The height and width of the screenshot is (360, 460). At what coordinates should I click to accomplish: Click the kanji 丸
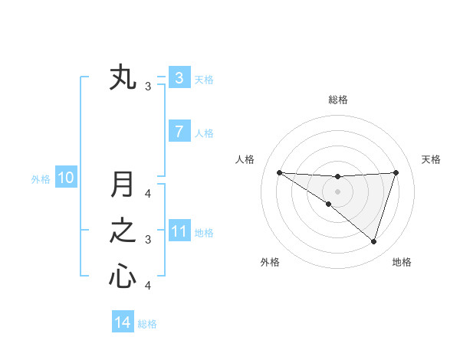point(123,78)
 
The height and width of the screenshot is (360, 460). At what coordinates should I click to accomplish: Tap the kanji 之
point(123,231)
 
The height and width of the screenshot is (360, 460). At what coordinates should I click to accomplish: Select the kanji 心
point(123,276)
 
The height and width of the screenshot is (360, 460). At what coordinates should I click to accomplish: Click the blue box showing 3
point(179,78)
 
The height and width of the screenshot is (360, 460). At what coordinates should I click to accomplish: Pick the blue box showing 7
point(179,132)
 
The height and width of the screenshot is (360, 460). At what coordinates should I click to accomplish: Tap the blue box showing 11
point(179,231)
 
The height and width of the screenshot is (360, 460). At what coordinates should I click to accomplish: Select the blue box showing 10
point(66,178)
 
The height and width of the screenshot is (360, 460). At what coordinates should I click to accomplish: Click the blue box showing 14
point(123,322)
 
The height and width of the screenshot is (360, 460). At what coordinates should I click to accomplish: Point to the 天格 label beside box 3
point(204,79)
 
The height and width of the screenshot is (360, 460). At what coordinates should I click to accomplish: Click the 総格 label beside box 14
point(147,324)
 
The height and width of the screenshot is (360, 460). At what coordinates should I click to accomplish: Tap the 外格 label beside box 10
point(41,179)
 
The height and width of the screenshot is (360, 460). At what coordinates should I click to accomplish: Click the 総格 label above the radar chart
point(338,100)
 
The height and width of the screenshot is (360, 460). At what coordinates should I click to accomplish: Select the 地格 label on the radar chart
point(402,262)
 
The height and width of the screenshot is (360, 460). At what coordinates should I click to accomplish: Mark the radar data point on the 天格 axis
point(396,172)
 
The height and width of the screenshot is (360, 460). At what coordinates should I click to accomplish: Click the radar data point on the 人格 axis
point(279,172)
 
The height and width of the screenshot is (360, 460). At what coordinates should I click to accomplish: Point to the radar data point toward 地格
point(373,241)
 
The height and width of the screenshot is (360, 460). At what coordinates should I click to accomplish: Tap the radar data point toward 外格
point(328,204)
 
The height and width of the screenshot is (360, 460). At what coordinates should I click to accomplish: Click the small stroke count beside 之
point(148,240)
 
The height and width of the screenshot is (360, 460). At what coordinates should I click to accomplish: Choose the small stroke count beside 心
point(148,286)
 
